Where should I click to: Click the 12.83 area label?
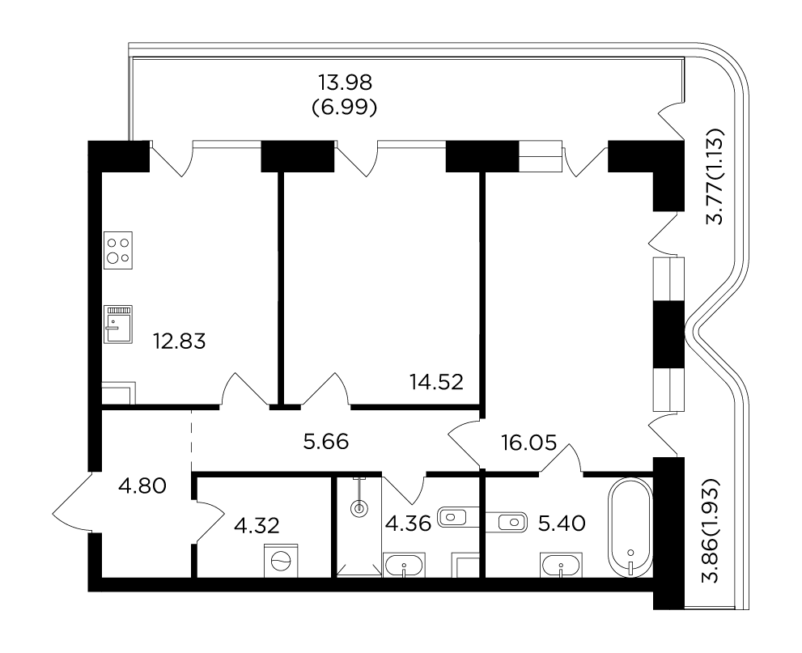pos(180,341)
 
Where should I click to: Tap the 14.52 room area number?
pos(436,382)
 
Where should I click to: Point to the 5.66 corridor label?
pos(326,442)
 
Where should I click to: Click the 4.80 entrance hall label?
pos(142,486)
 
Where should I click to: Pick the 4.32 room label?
pos(257,525)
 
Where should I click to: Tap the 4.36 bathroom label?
pos(408,524)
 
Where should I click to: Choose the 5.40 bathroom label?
pos(562,523)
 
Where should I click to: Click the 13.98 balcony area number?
pos(346,82)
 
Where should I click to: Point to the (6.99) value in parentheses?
pos(346,108)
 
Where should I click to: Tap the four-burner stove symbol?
pos(118,250)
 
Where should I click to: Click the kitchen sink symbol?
pos(118,324)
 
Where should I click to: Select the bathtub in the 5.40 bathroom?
pos(630,528)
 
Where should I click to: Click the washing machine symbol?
pos(281,561)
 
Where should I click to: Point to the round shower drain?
pos(359,508)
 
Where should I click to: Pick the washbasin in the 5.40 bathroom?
pos(561,566)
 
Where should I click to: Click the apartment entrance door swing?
pos(71,502)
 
